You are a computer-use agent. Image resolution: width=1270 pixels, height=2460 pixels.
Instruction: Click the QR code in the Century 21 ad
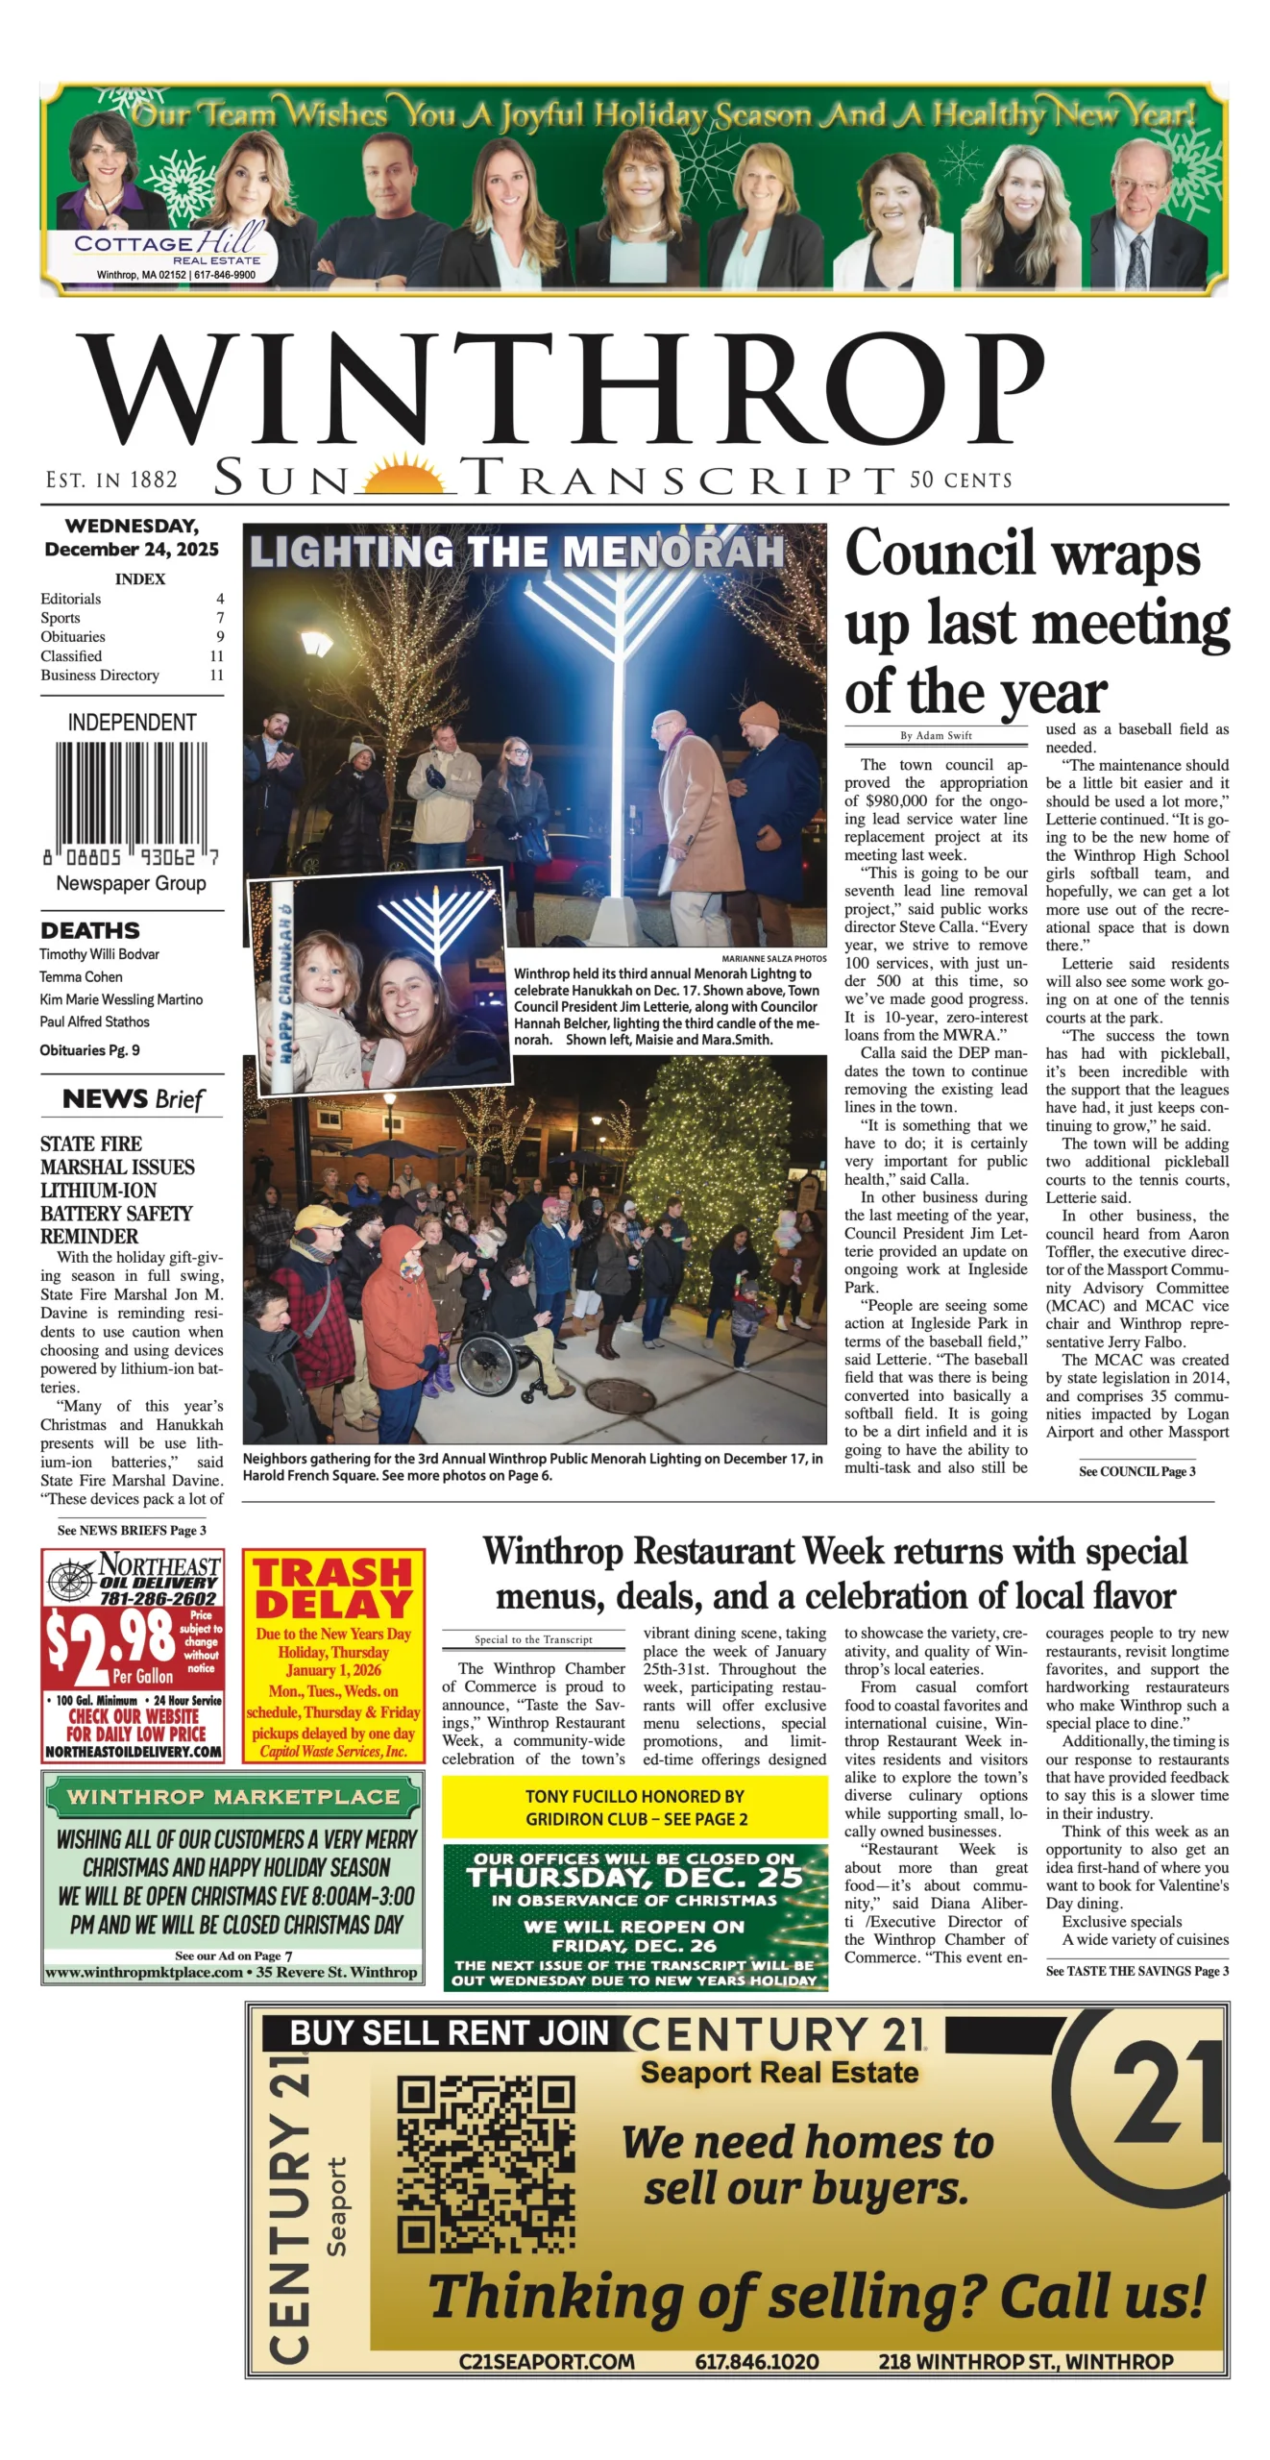click(486, 2163)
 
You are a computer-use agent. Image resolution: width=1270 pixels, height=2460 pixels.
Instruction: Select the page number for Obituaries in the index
click(220, 637)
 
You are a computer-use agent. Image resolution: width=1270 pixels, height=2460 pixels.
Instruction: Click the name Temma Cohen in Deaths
click(82, 976)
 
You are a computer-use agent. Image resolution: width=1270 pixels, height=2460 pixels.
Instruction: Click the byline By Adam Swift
click(936, 735)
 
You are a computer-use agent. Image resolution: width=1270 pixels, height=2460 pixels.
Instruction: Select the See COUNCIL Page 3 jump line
click(1136, 1471)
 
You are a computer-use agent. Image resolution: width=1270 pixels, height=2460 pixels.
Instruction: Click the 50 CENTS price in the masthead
click(961, 480)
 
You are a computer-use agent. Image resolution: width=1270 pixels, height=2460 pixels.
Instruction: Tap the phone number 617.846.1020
click(757, 2361)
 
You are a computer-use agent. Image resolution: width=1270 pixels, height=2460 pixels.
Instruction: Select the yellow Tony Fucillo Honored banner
click(635, 1807)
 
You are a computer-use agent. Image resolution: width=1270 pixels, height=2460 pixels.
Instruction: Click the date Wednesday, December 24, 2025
click(132, 538)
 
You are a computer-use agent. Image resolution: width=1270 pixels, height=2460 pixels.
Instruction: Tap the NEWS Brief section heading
click(133, 1098)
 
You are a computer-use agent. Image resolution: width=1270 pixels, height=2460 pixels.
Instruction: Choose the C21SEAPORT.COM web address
click(547, 2361)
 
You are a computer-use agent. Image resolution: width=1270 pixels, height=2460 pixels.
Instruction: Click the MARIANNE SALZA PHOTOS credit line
click(773, 959)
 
